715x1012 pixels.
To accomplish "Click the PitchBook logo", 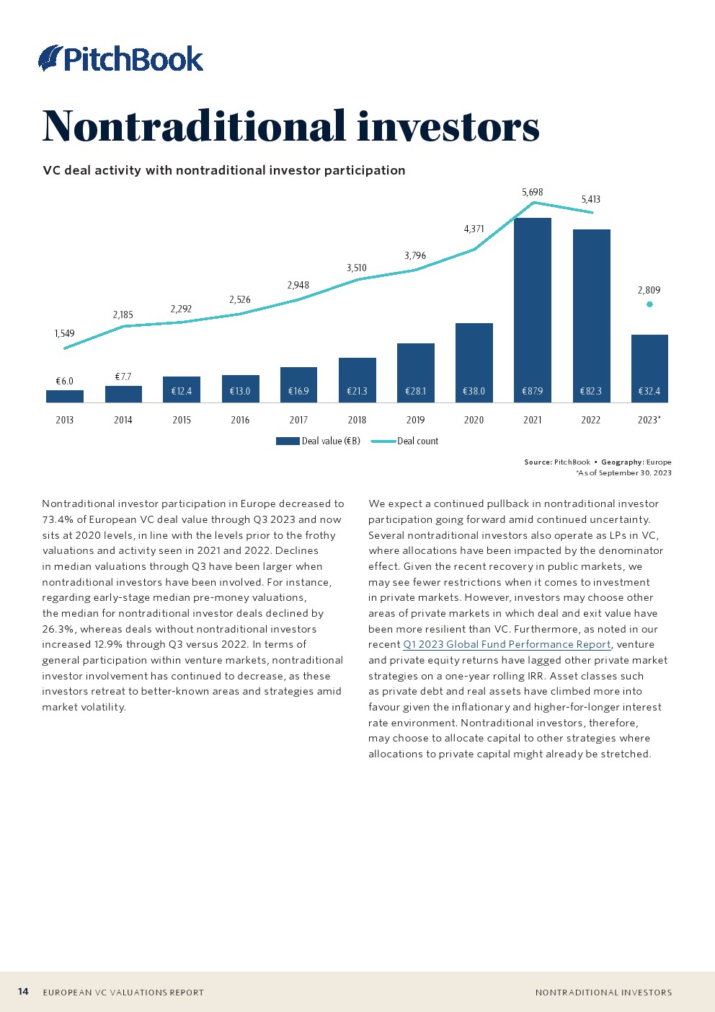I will [x=121, y=58].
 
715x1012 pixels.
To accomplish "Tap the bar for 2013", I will [x=65, y=396].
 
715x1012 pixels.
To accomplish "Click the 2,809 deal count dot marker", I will [x=649, y=304].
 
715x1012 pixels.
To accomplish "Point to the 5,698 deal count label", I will [x=532, y=192].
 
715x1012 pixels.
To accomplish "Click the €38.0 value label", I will [x=474, y=391].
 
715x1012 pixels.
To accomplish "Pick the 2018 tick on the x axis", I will [x=357, y=420].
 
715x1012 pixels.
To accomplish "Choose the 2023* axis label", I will [x=649, y=420].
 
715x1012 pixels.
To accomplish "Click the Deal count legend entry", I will [x=405, y=441].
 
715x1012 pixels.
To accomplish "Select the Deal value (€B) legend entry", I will [x=319, y=441].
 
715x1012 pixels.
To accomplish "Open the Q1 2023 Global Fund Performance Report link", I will [x=507, y=644].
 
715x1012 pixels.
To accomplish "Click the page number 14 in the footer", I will [x=23, y=992].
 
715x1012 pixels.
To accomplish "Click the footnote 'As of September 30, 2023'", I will [x=623, y=472].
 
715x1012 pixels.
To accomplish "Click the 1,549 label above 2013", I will [x=64, y=333].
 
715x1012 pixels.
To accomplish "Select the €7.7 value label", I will [x=123, y=377].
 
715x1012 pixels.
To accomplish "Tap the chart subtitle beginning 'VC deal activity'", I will [x=224, y=170].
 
